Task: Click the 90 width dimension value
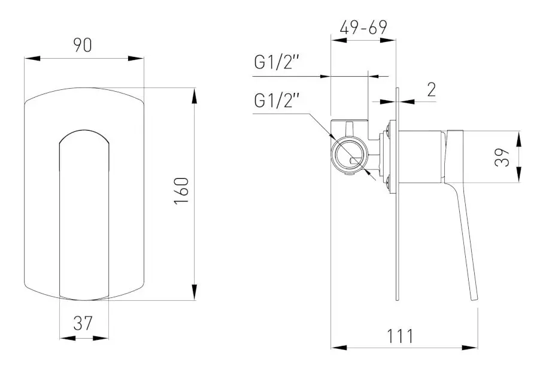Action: point(84,46)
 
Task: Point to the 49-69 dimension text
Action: point(363,28)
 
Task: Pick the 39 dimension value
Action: point(505,157)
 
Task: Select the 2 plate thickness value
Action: point(430,89)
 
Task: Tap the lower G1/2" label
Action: point(276,101)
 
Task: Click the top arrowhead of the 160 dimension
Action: point(194,95)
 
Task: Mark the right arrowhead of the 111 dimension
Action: point(472,347)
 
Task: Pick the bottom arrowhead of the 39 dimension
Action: point(520,178)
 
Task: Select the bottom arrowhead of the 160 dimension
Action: point(194,293)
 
